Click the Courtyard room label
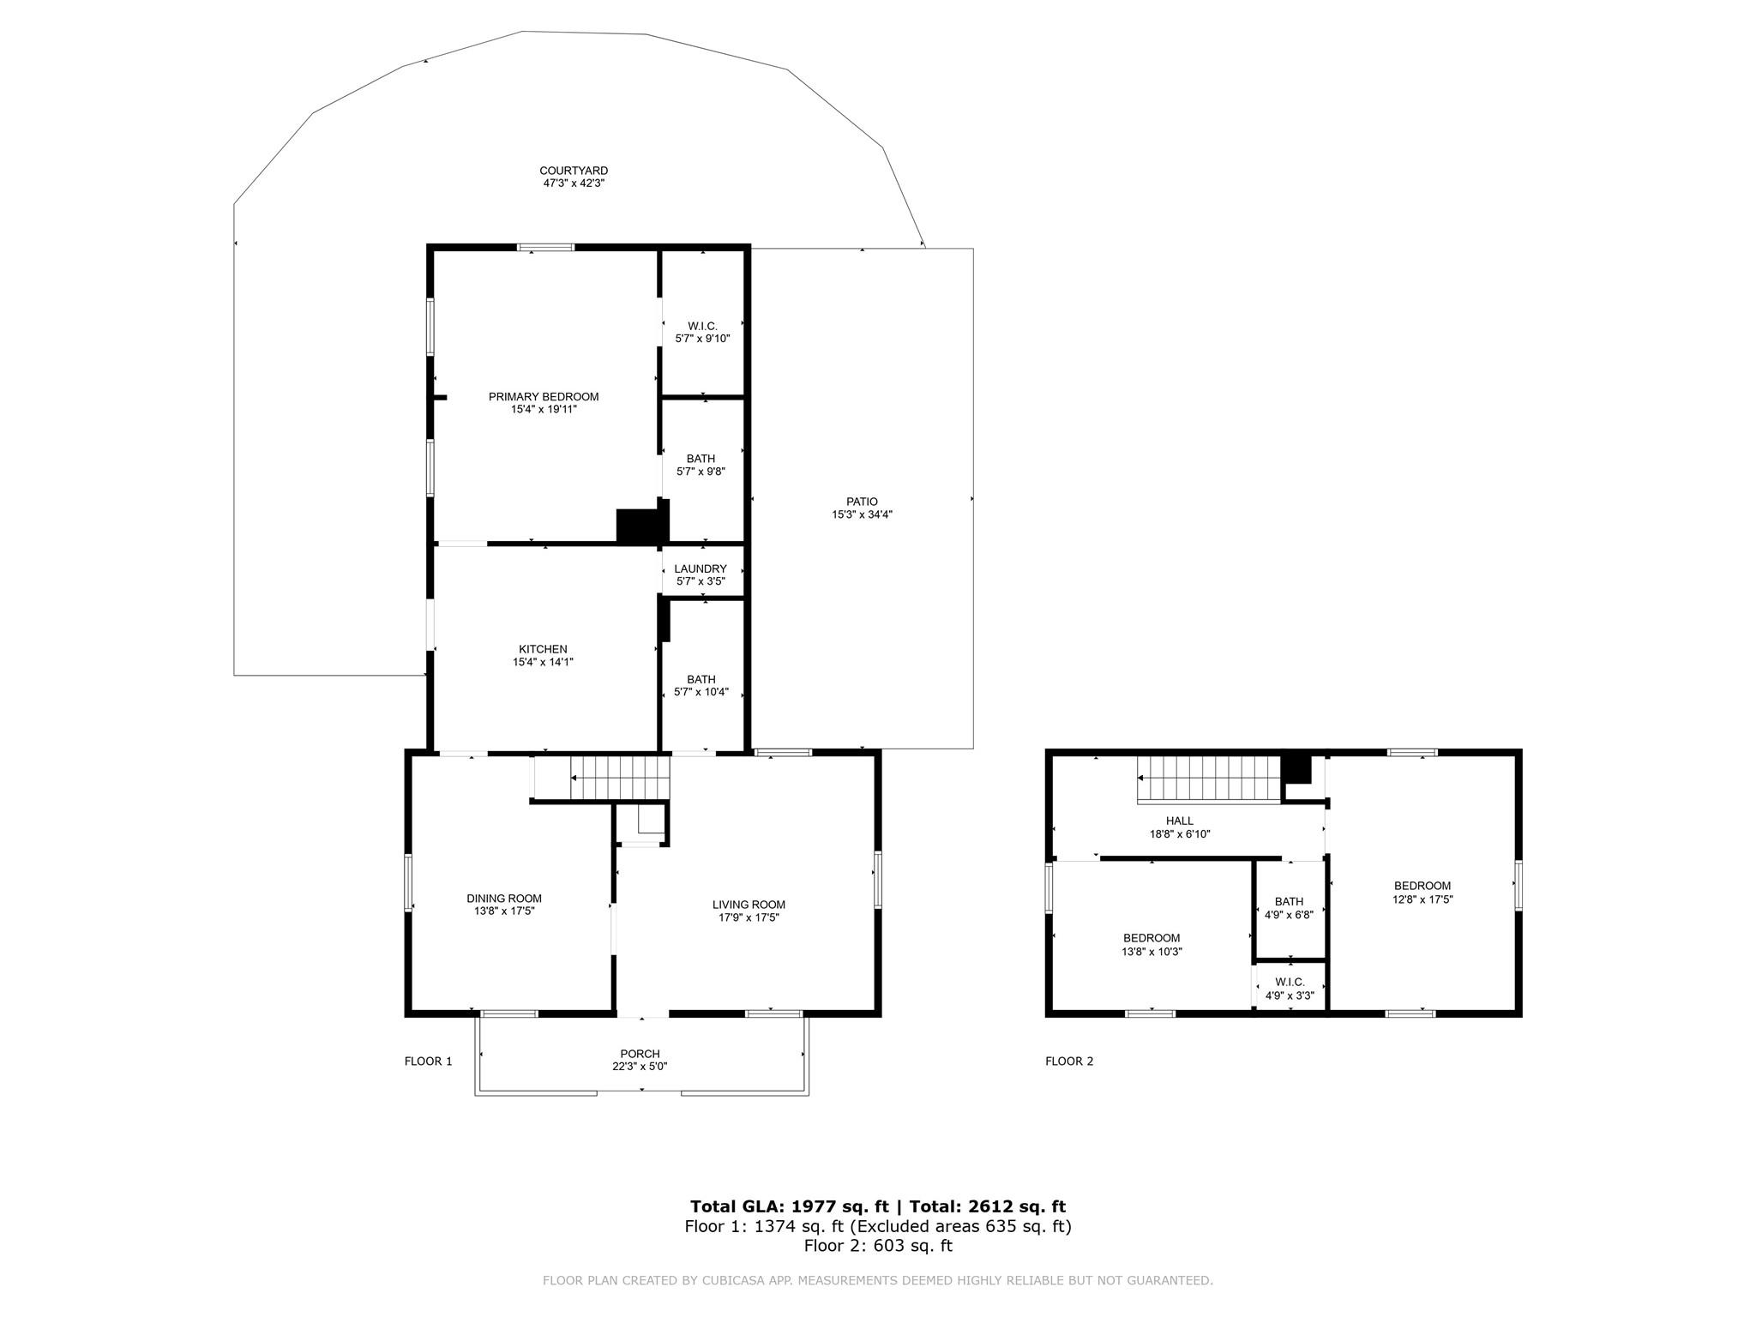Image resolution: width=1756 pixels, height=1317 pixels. point(574,171)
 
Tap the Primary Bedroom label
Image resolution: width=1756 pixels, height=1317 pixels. point(544,397)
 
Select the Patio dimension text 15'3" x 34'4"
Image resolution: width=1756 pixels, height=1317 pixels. point(862,514)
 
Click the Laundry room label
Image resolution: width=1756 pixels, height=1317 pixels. point(701,568)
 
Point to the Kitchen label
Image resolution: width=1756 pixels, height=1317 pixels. point(543,649)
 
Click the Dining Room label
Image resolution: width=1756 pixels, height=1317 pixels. point(504,899)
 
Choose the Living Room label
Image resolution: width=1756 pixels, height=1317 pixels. point(749,905)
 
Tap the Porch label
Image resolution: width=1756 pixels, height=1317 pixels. point(640,1054)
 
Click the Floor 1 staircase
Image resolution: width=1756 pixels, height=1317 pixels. point(619,778)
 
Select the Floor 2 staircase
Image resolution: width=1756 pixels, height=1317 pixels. point(1209,779)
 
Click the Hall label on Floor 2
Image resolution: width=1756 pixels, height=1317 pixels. point(1180,821)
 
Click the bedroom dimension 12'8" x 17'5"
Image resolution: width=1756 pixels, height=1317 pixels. point(1422,899)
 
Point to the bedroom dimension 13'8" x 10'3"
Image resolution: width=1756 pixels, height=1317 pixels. point(1152,951)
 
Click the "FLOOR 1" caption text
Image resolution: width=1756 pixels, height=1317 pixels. point(428,1061)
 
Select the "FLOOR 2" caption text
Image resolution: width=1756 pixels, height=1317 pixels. point(1069,1061)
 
